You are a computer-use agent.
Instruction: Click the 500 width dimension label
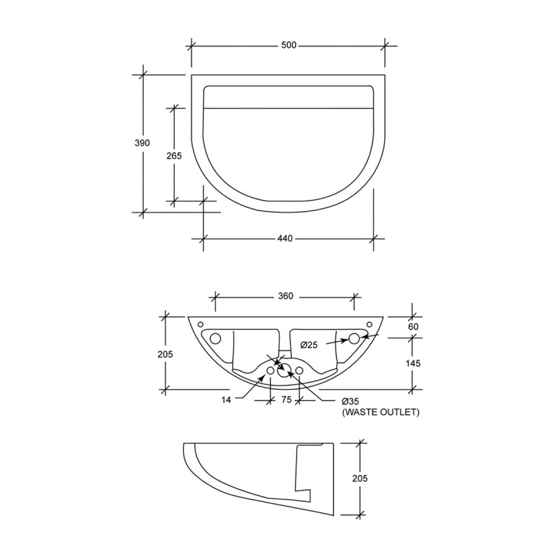pyautogui.click(x=289, y=45)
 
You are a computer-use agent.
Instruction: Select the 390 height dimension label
pyautogui.click(x=143, y=143)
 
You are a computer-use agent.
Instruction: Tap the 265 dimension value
pyautogui.click(x=174, y=156)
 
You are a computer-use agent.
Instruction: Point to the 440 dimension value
pyautogui.click(x=284, y=238)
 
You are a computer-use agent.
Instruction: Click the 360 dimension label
pyautogui.click(x=285, y=296)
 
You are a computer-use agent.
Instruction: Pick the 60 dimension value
pyautogui.click(x=413, y=327)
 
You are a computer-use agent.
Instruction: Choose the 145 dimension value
pyautogui.click(x=413, y=363)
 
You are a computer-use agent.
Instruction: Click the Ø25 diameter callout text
pyautogui.click(x=310, y=344)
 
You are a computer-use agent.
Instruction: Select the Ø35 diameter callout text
pyautogui.click(x=351, y=402)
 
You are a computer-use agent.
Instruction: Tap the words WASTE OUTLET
pyautogui.click(x=380, y=413)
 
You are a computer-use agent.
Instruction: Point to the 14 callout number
pyautogui.click(x=226, y=401)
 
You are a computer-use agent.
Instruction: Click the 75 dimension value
pyautogui.click(x=285, y=401)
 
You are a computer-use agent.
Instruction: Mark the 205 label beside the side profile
pyautogui.click(x=358, y=479)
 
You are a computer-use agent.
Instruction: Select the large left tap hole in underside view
pyautogui.click(x=215, y=339)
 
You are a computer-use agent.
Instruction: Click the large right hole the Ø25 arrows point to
pyautogui.click(x=354, y=339)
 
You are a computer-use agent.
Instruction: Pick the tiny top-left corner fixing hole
pyautogui.click(x=200, y=324)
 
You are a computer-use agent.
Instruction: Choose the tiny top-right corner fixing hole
pyautogui.click(x=370, y=324)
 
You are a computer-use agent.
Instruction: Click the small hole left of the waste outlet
pyautogui.click(x=270, y=370)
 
